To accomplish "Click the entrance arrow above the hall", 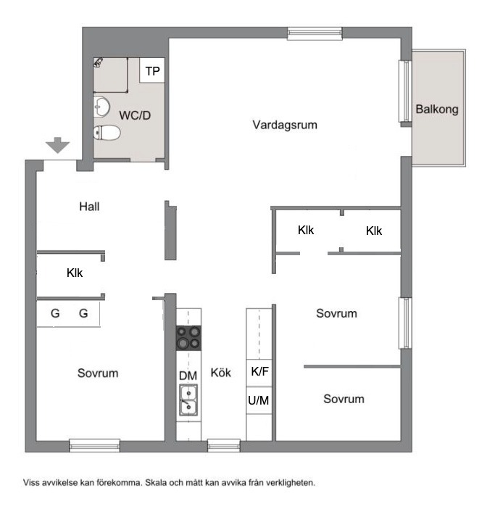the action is (x=57, y=145).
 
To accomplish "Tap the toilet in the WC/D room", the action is (x=107, y=133).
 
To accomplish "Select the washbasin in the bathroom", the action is (x=101, y=107).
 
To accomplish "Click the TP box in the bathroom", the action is (x=152, y=70).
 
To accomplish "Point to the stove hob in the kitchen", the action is (x=188, y=338).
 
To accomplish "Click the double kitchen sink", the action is (x=188, y=400).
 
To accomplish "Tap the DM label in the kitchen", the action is (x=188, y=376).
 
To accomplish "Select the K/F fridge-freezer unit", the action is (x=259, y=373).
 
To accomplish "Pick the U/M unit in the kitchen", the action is (x=259, y=400).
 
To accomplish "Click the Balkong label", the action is (x=437, y=109).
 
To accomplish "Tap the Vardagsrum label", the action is (x=285, y=125).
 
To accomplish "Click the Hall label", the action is (x=89, y=207).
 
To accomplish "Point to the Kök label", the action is (x=221, y=373).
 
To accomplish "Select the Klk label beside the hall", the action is (x=75, y=273).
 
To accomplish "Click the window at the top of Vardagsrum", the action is (x=315, y=33).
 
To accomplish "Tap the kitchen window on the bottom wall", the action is (x=224, y=445).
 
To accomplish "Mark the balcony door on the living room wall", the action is (x=405, y=91).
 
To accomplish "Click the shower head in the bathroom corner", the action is (x=98, y=62).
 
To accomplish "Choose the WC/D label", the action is (x=135, y=115).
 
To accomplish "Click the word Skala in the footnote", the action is (x=156, y=483).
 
